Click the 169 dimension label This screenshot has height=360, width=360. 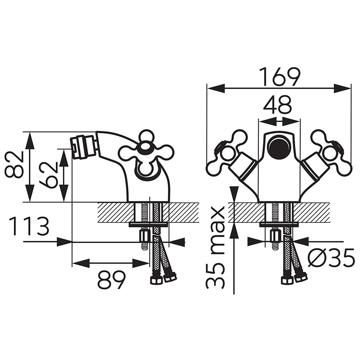281,77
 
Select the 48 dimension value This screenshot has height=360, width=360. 277,105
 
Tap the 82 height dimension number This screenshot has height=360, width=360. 14,165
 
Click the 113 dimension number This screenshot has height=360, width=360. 29,227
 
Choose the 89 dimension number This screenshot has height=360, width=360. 112,280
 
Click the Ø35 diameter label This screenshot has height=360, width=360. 331,258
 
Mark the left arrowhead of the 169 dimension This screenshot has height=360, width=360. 216,88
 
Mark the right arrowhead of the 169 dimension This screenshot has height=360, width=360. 342,88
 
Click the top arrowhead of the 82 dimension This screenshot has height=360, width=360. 30,140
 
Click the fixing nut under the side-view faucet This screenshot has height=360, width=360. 144,236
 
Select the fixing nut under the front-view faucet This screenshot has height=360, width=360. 275,236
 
